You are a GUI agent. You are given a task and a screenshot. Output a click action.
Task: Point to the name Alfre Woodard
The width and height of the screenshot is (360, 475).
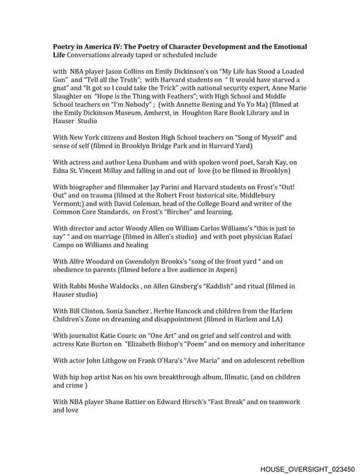[89, 261]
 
